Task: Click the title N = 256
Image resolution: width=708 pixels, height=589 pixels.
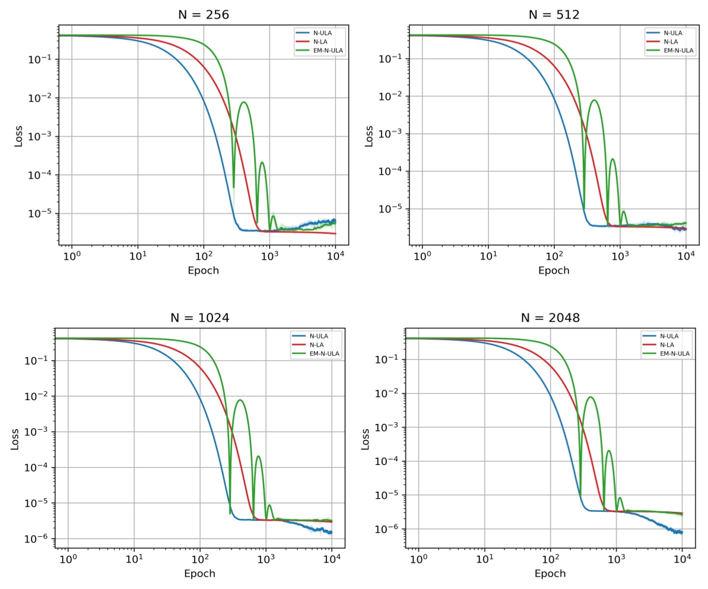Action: click(203, 15)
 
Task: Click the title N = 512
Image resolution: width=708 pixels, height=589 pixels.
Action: click(554, 15)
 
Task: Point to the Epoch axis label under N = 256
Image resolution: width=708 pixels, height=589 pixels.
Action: click(203, 271)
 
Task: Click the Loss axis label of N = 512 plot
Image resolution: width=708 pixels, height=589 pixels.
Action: click(369, 135)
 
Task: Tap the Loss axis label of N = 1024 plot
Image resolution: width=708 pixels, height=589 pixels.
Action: click(15, 438)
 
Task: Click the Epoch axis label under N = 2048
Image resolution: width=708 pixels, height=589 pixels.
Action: click(550, 574)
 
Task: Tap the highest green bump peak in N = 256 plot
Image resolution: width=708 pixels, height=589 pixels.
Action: click(243, 102)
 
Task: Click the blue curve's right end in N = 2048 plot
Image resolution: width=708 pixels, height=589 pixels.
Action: click(682, 532)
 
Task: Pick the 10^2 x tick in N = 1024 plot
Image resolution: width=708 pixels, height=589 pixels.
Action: click(200, 559)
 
